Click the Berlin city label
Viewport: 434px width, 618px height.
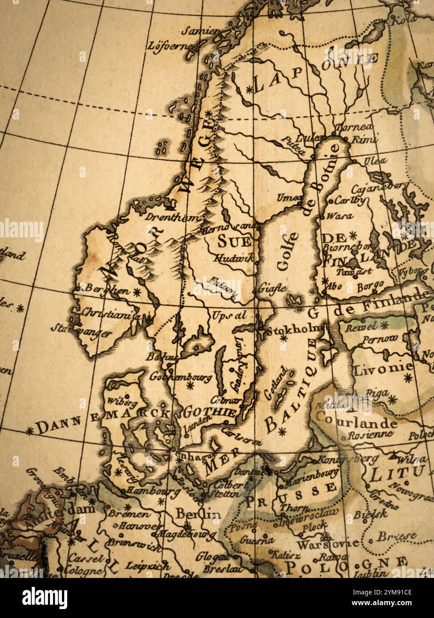tap(198, 514)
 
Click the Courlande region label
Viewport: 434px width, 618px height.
tap(356, 421)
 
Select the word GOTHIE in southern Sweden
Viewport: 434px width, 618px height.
tap(210, 412)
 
